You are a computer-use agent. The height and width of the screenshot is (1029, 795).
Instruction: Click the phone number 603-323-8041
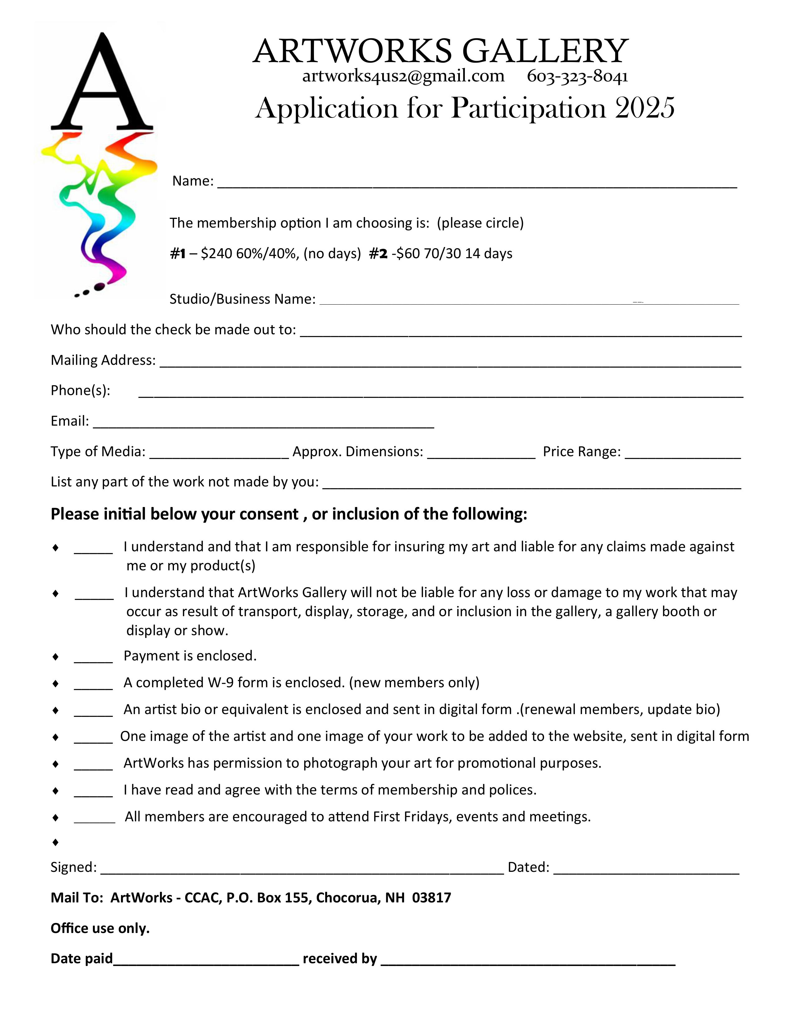coord(577,76)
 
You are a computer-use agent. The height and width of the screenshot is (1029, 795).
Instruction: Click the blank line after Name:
coord(477,184)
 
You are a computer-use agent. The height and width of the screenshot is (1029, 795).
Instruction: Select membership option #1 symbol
coord(178,254)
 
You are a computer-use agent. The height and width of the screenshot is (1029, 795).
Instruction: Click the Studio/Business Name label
coord(242,299)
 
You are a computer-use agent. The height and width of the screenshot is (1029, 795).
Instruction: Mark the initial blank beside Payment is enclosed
coord(93,659)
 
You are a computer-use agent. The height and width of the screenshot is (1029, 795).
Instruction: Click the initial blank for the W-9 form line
coord(93,685)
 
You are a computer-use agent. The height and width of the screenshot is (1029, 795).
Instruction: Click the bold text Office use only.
coord(100,928)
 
